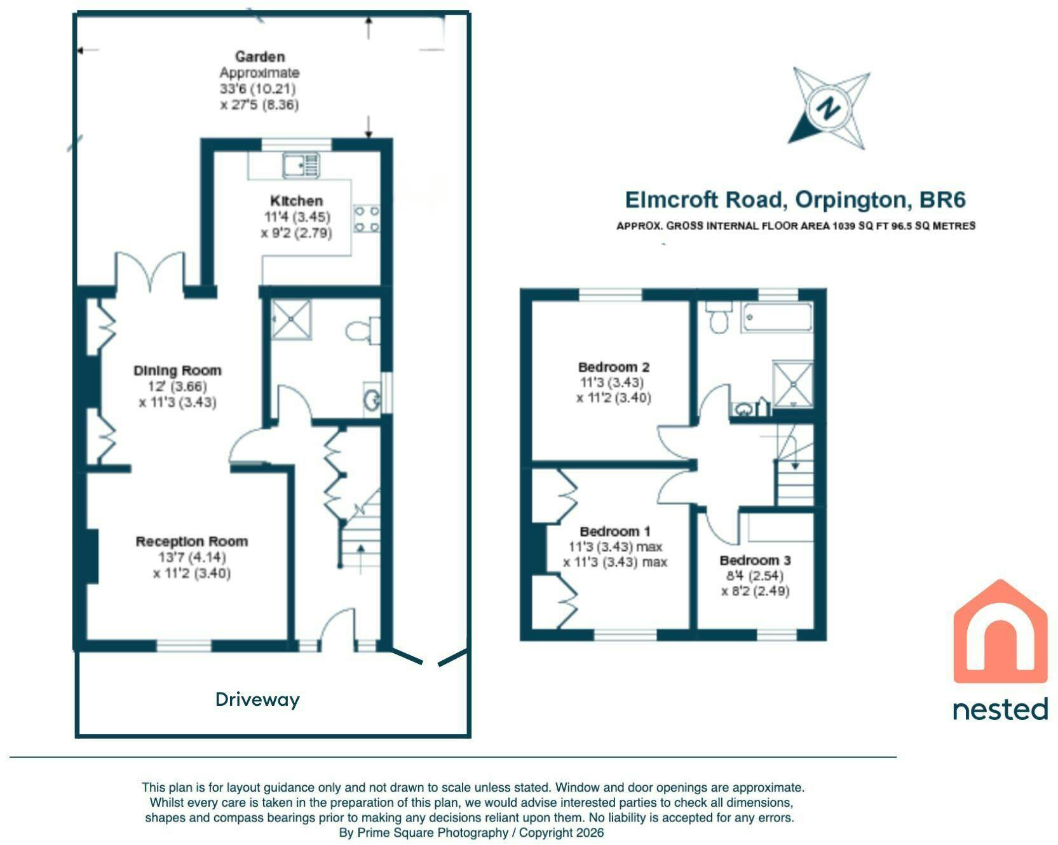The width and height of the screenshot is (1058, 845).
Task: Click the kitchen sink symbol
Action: pyautogui.click(x=301, y=165)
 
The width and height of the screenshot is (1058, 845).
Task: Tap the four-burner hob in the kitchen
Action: pyautogui.click(x=367, y=218)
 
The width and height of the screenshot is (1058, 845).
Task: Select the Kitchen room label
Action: pyautogui.click(x=296, y=201)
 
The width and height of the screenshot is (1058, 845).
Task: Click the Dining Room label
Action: pyautogui.click(x=177, y=370)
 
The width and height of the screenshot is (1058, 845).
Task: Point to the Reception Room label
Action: pyautogui.click(x=192, y=541)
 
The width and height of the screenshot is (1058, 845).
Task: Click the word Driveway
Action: pyautogui.click(x=257, y=700)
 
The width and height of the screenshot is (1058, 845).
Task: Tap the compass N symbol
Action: pyautogui.click(x=829, y=109)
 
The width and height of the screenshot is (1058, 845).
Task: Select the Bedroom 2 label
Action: pyautogui.click(x=614, y=367)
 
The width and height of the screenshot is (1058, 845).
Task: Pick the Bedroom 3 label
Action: pyautogui.click(x=755, y=560)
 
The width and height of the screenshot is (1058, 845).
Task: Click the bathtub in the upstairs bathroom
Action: pyautogui.click(x=778, y=318)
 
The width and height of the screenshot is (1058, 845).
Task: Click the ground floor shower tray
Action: pyautogui.click(x=291, y=320)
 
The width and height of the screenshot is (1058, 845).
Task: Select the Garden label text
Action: pyautogui.click(x=259, y=57)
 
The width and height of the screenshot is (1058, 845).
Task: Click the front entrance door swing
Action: pyautogui.click(x=337, y=629)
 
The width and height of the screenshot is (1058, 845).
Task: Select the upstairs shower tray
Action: pyautogui.click(x=792, y=383)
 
